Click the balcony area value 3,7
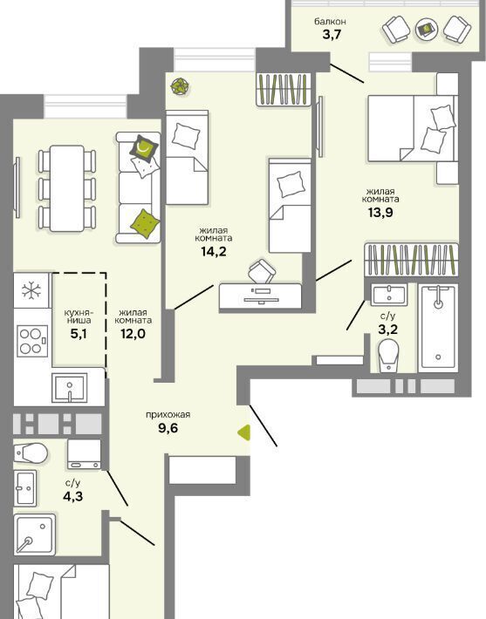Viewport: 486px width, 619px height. tap(332, 35)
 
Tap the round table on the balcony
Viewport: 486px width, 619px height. tap(428, 30)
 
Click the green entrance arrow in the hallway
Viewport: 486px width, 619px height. tap(244, 432)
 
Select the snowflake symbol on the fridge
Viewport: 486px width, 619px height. tap(31, 290)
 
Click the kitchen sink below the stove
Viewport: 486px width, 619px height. tap(69, 388)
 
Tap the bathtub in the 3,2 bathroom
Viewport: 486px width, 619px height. tap(438, 328)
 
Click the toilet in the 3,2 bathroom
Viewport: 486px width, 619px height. tap(388, 356)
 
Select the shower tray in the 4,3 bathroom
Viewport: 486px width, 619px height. tap(35, 534)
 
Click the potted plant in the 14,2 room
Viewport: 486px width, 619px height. tap(180, 85)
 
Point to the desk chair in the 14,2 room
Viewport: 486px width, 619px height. tap(262, 271)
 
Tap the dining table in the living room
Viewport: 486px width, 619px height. tap(67, 188)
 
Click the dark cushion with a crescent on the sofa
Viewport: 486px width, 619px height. tap(143, 148)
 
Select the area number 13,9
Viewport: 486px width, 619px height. tap(380, 213)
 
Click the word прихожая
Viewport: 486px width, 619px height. tap(168, 414)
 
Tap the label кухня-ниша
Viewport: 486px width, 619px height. tap(78, 316)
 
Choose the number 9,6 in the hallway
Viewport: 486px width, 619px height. tap(168, 427)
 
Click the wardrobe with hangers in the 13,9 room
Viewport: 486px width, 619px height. tap(411, 260)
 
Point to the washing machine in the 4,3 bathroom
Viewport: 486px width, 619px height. tap(84, 454)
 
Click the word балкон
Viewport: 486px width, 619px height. tap(331, 21)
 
